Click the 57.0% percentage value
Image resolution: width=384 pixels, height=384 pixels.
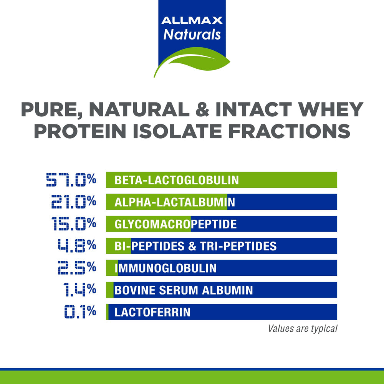[x=71, y=180]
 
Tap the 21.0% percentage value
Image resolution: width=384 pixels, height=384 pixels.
[x=73, y=202]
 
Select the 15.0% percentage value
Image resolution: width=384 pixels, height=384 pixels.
[x=73, y=223]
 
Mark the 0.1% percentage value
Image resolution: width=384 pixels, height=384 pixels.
[x=80, y=311]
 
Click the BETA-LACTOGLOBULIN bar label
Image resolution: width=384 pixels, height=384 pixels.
[x=177, y=180]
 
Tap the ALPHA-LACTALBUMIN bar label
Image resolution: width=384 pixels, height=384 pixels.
[x=175, y=202]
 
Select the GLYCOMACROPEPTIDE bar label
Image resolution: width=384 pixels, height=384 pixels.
[x=175, y=224]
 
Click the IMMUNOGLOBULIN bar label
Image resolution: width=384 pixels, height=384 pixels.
[x=166, y=268]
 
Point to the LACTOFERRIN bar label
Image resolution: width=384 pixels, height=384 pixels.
[x=152, y=312]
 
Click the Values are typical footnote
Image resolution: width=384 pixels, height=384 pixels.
[x=303, y=329]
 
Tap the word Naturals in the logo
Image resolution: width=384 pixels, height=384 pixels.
[x=192, y=34]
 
